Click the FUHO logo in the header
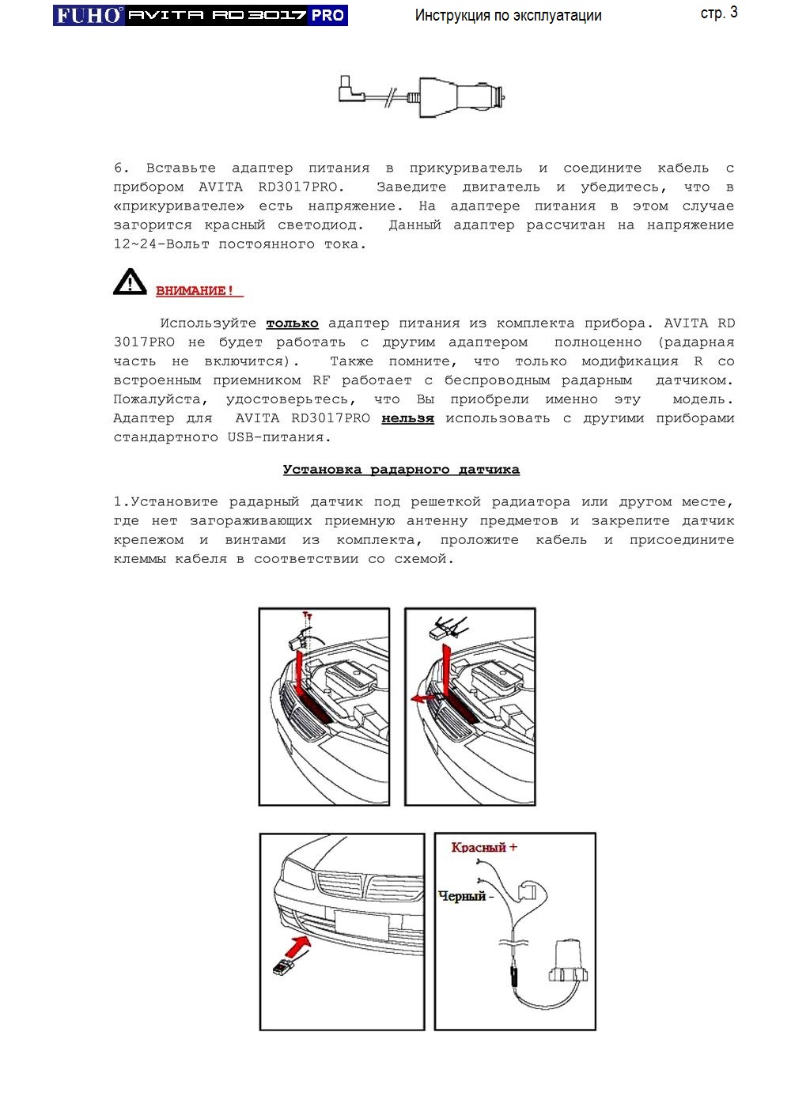(89, 15)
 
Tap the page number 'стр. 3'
(718, 13)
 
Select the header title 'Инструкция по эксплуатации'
(508, 16)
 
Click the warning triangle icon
(129, 282)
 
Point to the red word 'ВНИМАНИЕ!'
(195, 291)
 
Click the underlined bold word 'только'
(292, 323)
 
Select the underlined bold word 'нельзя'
(407, 418)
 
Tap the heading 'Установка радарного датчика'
(401, 470)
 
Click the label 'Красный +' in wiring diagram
(483, 848)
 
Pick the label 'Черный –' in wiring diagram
(465, 897)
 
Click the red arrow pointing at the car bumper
(297, 944)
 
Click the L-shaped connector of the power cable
(350, 89)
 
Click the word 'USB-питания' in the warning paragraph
(278, 437)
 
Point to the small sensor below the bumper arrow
(285, 967)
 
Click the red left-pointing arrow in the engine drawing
(422, 698)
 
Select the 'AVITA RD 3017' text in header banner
(217, 15)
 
